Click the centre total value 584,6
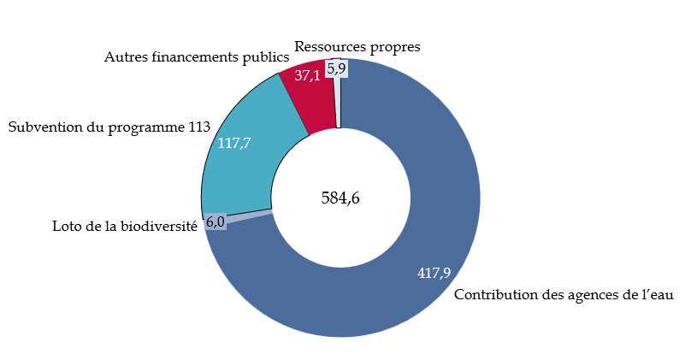pyautogui.click(x=340, y=198)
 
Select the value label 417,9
pyautogui.click(x=434, y=274)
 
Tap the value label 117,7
pyautogui.click(x=234, y=143)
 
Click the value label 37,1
pyautogui.click(x=308, y=75)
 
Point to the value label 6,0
pyautogui.click(x=216, y=222)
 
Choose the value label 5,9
pyautogui.click(x=337, y=68)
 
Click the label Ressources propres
pyautogui.click(x=357, y=47)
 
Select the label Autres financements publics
pyautogui.click(x=196, y=58)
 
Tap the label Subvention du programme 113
pyautogui.click(x=109, y=127)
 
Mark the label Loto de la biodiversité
pyautogui.click(x=125, y=227)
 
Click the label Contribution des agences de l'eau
pyautogui.click(x=564, y=295)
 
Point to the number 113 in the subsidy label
pyautogui.click(x=198, y=127)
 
